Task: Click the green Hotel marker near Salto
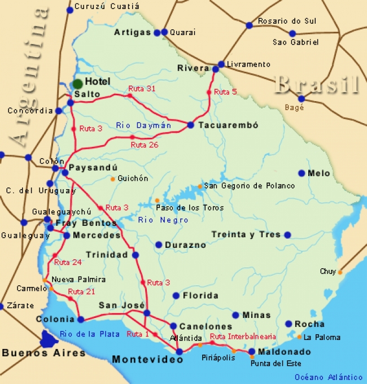point(77,84)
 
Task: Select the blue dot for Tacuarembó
point(191,125)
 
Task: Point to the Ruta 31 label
point(142,89)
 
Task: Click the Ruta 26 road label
point(145,145)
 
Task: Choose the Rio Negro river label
point(163,220)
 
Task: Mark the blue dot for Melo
point(302,173)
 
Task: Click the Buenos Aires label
point(43,353)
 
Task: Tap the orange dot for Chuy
point(340,272)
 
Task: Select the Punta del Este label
point(276,364)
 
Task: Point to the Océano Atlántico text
point(328,377)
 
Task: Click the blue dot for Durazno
point(159,245)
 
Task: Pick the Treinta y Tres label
point(246,234)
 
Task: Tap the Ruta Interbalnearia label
point(243,337)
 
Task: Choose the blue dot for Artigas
point(157,33)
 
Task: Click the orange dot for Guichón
point(112,179)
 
